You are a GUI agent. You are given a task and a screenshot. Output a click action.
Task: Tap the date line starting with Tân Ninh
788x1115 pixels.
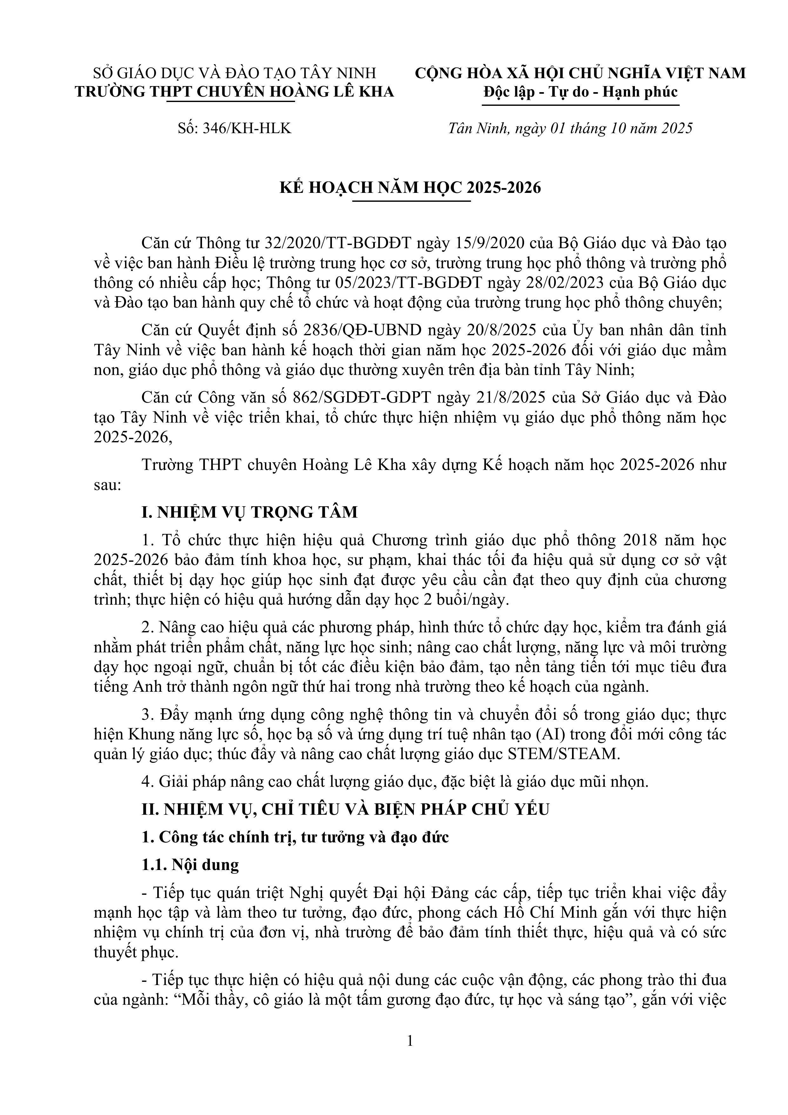tap(570, 128)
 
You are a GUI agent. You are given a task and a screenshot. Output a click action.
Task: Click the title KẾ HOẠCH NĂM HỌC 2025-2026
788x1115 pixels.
tap(410, 187)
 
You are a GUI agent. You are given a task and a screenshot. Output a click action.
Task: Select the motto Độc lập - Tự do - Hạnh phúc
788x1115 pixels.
tap(581, 92)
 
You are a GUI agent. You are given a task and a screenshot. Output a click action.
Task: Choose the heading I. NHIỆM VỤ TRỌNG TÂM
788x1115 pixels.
tap(250, 512)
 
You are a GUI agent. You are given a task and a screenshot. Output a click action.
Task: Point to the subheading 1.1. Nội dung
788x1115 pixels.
tap(190, 864)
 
